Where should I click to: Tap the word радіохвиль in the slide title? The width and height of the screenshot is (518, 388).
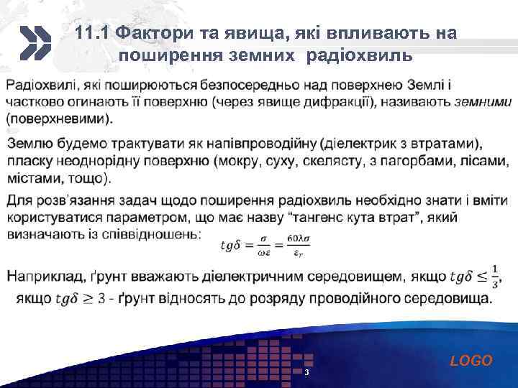pyautogui.click(x=360, y=55)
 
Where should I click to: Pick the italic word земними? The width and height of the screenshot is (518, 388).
pyautogui.click(x=482, y=102)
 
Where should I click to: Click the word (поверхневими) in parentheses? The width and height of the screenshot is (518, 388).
pyautogui.click(x=59, y=118)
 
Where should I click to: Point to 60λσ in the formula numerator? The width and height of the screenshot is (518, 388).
pyautogui.click(x=297, y=238)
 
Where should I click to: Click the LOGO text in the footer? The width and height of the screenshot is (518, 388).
pyautogui.click(x=471, y=361)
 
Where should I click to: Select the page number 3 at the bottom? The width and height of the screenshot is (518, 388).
pyautogui.click(x=306, y=373)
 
